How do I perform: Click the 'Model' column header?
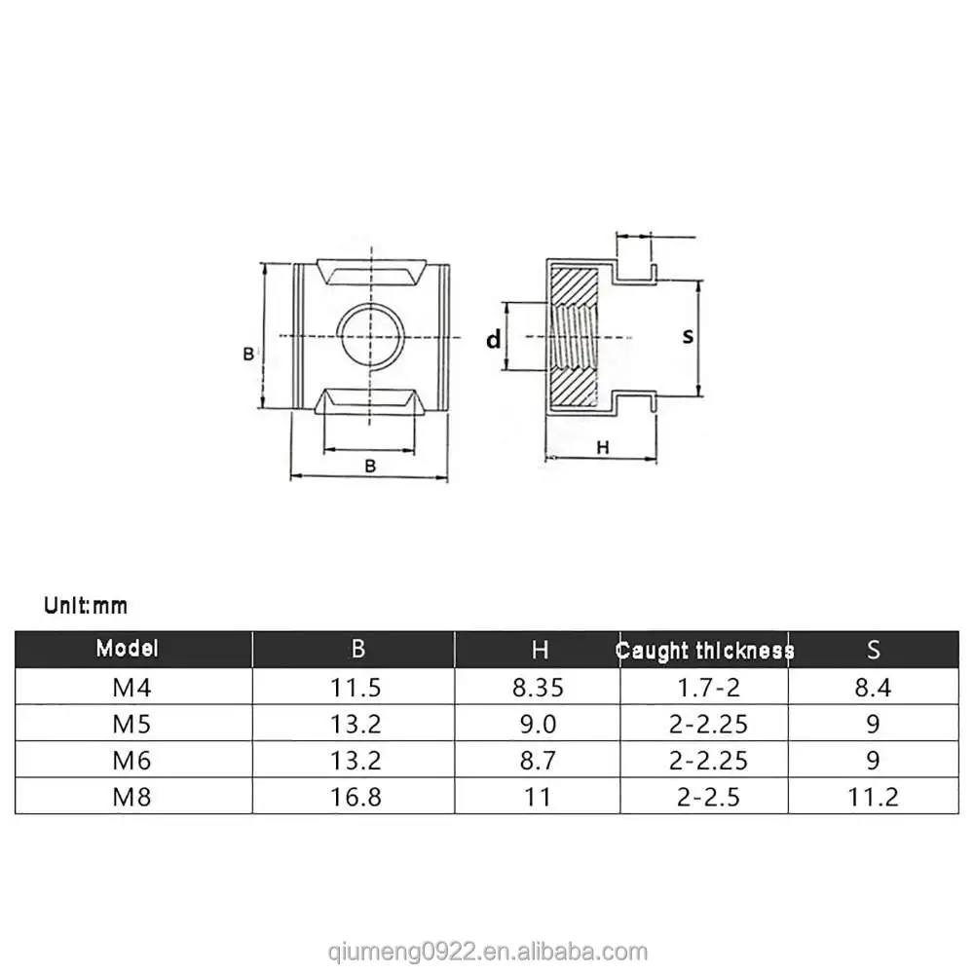(127, 649)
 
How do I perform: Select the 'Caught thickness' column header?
(705, 651)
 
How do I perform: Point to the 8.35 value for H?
(539, 689)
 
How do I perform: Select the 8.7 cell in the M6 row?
(539, 760)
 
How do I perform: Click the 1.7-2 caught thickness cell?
(705, 689)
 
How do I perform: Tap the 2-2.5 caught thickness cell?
(705, 796)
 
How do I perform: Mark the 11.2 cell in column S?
(873, 796)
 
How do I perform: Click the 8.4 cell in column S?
(873, 689)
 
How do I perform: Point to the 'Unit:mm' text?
(86, 606)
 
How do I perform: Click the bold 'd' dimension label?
(494, 339)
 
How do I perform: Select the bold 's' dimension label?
(688, 336)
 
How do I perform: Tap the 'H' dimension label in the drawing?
(602, 447)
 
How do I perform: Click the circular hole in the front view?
(370, 336)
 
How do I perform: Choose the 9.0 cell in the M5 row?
(539, 725)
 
